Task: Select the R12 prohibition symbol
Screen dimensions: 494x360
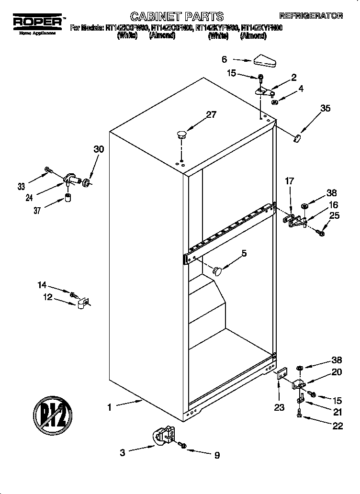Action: [53, 413]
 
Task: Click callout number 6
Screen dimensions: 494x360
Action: [224, 59]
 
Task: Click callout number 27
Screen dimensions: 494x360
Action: [211, 114]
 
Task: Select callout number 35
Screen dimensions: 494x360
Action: [325, 108]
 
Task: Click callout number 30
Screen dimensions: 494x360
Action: [98, 149]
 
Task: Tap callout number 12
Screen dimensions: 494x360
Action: [47, 297]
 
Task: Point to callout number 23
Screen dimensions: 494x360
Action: [279, 407]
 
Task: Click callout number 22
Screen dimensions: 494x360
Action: [337, 426]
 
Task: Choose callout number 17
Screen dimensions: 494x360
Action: [289, 181]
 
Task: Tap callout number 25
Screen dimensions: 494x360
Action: [334, 215]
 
